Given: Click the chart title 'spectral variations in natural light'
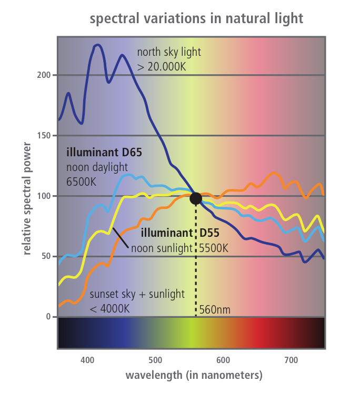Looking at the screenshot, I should click(196, 19).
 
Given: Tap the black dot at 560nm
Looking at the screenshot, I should click(196, 198).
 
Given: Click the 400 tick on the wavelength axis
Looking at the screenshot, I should click(87, 360).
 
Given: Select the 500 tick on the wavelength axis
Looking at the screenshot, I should click(155, 360).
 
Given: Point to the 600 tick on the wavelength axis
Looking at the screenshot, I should click(223, 360).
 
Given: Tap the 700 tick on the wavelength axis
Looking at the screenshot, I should click(291, 360).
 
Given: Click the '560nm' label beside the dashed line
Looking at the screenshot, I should click(215, 309).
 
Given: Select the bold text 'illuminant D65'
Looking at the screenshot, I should click(104, 153).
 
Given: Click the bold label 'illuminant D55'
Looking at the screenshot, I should click(180, 232).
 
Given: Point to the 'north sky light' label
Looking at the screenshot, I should click(168, 52).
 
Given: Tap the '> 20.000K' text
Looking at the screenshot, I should click(161, 67).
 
